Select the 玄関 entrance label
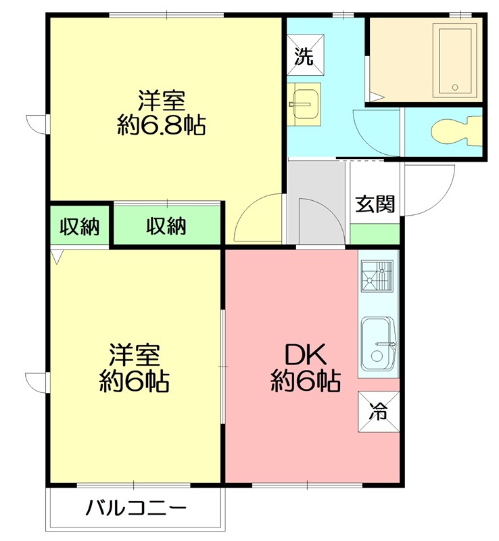pyautogui.click(x=375, y=204)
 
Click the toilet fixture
pyautogui.click(x=454, y=131)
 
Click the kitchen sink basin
pyautogui.click(x=378, y=344)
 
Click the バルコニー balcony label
pyautogui.click(x=135, y=508)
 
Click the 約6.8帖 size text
pyautogui.click(x=162, y=125)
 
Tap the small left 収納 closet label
pyautogui.click(x=78, y=227)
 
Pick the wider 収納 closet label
pyautogui.click(x=166, y=227)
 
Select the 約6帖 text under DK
pyautogui.click(x=306, y=382)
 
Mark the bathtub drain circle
pyautogui.click(x=455, y=87)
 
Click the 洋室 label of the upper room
pyautogui.click(x=162, y=101)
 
